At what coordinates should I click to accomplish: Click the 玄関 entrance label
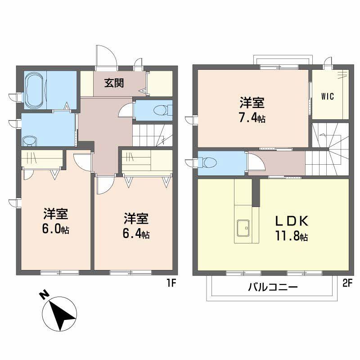(x=114, y=83)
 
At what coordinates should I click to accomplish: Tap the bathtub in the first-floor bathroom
(x=34, y=90)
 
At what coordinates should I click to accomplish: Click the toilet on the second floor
(x=207, y=162)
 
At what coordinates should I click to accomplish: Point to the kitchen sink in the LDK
(x=243, y=228)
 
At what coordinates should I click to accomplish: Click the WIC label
(x=328, y=96)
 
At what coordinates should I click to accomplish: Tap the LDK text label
(x=292, y=221)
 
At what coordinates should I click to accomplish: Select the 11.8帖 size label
(x=292, y=236)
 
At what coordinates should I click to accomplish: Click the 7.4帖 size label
(x=252, y=118)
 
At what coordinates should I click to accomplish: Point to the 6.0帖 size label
(x=56, y=229)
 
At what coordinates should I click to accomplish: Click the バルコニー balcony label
(x=273, y=287)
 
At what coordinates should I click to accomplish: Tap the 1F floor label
(x=171, y=283)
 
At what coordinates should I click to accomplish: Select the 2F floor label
(x=347, y=283)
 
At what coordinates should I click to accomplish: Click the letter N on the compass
(x=44, y=295)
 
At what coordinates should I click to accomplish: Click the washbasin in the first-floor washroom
(x=29, y=141)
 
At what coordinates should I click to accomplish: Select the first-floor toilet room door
(x=126, y=110)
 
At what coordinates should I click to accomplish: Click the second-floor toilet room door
(x=256, y=162)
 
